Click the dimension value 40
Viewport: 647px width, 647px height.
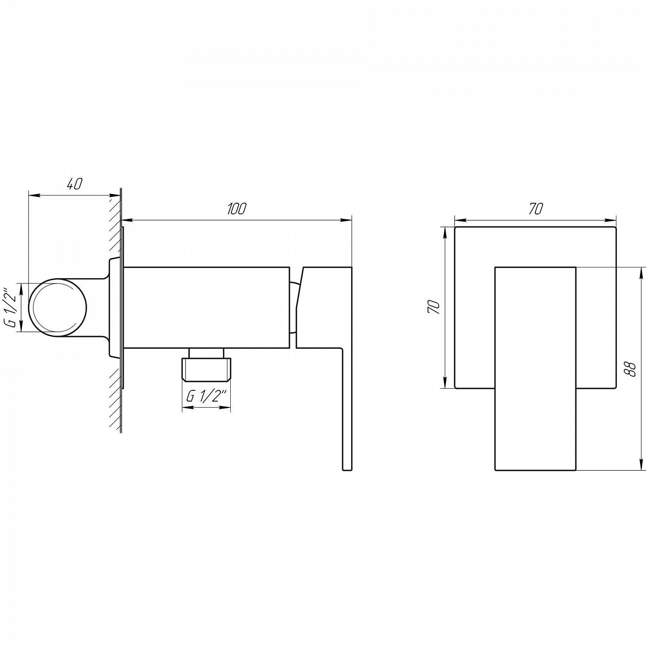(74, 184)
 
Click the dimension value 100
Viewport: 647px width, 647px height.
(236, 208)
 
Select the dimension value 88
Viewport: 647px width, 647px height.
(631, 369)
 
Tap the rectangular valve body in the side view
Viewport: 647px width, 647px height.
(207, 307)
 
